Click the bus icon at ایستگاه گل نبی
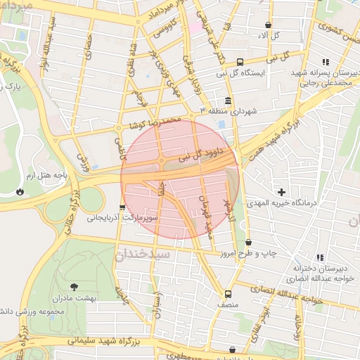[240, 61]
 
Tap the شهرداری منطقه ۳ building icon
[228, 101]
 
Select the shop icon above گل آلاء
[268, 25]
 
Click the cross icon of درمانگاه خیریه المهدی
[282, 191]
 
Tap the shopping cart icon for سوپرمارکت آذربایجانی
[123, 207]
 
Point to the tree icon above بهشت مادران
[74, 286]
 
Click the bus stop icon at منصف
[228, 294]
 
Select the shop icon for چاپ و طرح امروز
[248, 243]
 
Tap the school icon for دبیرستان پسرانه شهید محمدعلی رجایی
[324, 63]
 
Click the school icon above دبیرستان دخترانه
[320, 257]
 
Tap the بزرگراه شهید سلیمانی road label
[116, 342]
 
